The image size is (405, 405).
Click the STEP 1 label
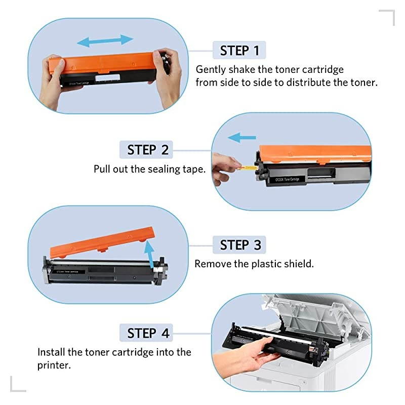(x=239, y=51)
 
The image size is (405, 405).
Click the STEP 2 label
(x=148, y=150)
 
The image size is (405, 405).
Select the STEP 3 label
(x=240, y=245)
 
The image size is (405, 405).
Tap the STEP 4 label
(x=148, y=333)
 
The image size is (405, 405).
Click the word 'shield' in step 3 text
(x=298, y=264)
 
